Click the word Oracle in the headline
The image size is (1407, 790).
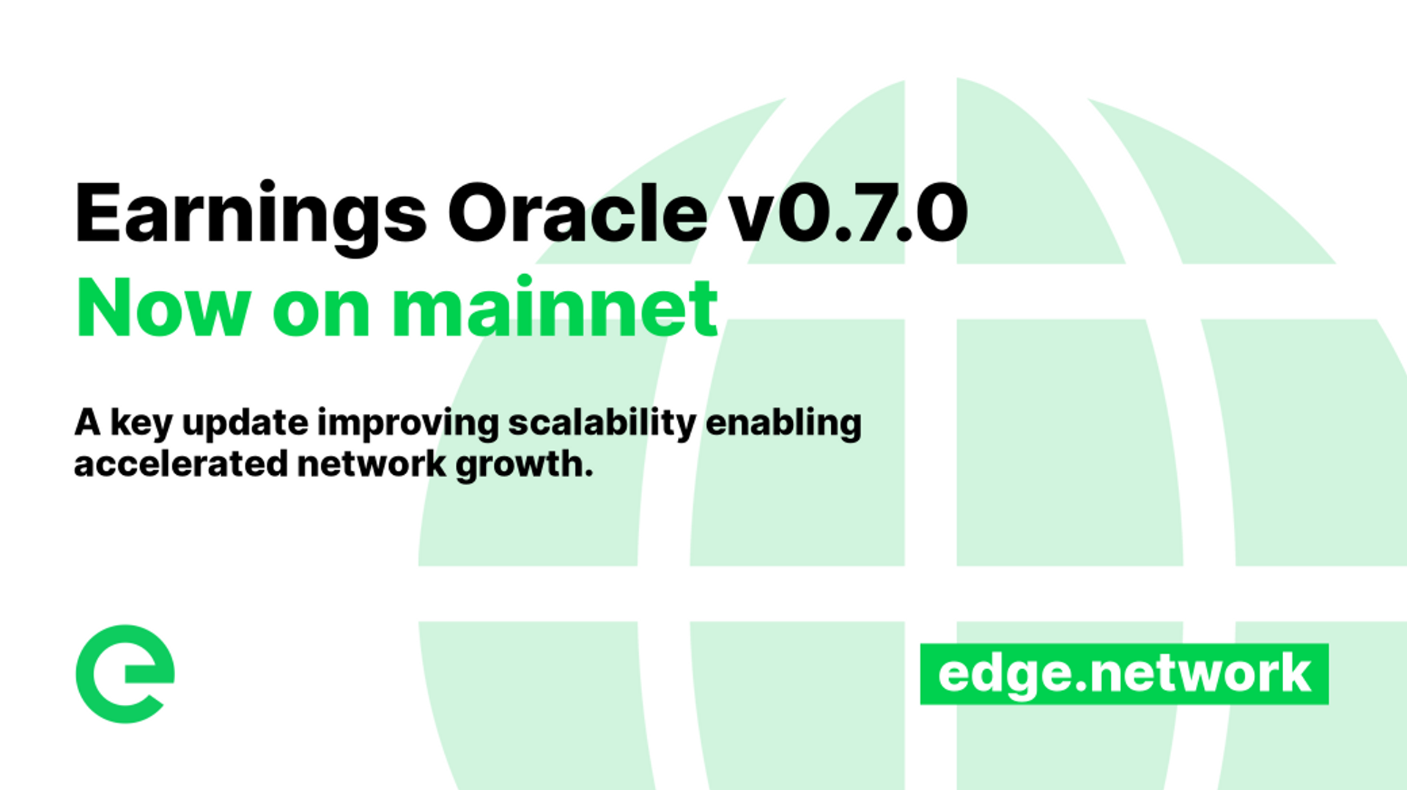click(x=577, y=214)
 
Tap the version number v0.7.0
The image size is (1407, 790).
click(x=849, y=214)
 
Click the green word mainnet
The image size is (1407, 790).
click(x=555, y=309)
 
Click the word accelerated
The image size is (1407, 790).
click(x=180, y=465)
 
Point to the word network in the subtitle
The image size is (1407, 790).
click(x=372, y=465)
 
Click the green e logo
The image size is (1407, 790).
click(x=125, y=673)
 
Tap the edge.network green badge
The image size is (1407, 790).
click(x=1124, y=673)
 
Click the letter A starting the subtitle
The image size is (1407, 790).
click(x=87, y=423)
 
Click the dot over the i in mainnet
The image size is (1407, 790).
click(x=524, y=280)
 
